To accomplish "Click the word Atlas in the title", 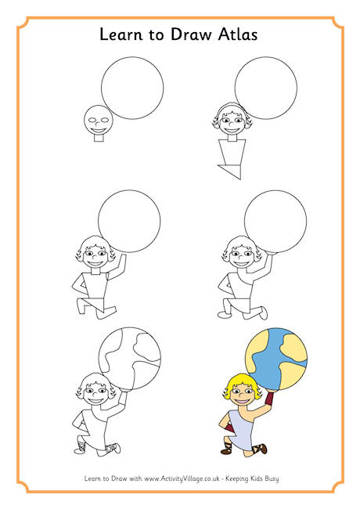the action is click(238, 34).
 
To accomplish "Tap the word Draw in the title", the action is click(191, 34).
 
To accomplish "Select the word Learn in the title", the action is click(121, 34).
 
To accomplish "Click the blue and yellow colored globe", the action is click(276, 359).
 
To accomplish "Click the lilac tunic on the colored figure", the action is click(240, 428).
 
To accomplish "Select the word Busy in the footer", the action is click(271, 478).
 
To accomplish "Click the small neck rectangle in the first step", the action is click(99, 138).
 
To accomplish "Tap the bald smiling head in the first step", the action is click(99, 120).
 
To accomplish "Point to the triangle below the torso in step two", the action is click(232, 171).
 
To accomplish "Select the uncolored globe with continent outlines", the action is click(130, 359).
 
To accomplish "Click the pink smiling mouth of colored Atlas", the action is click(242, 402).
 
